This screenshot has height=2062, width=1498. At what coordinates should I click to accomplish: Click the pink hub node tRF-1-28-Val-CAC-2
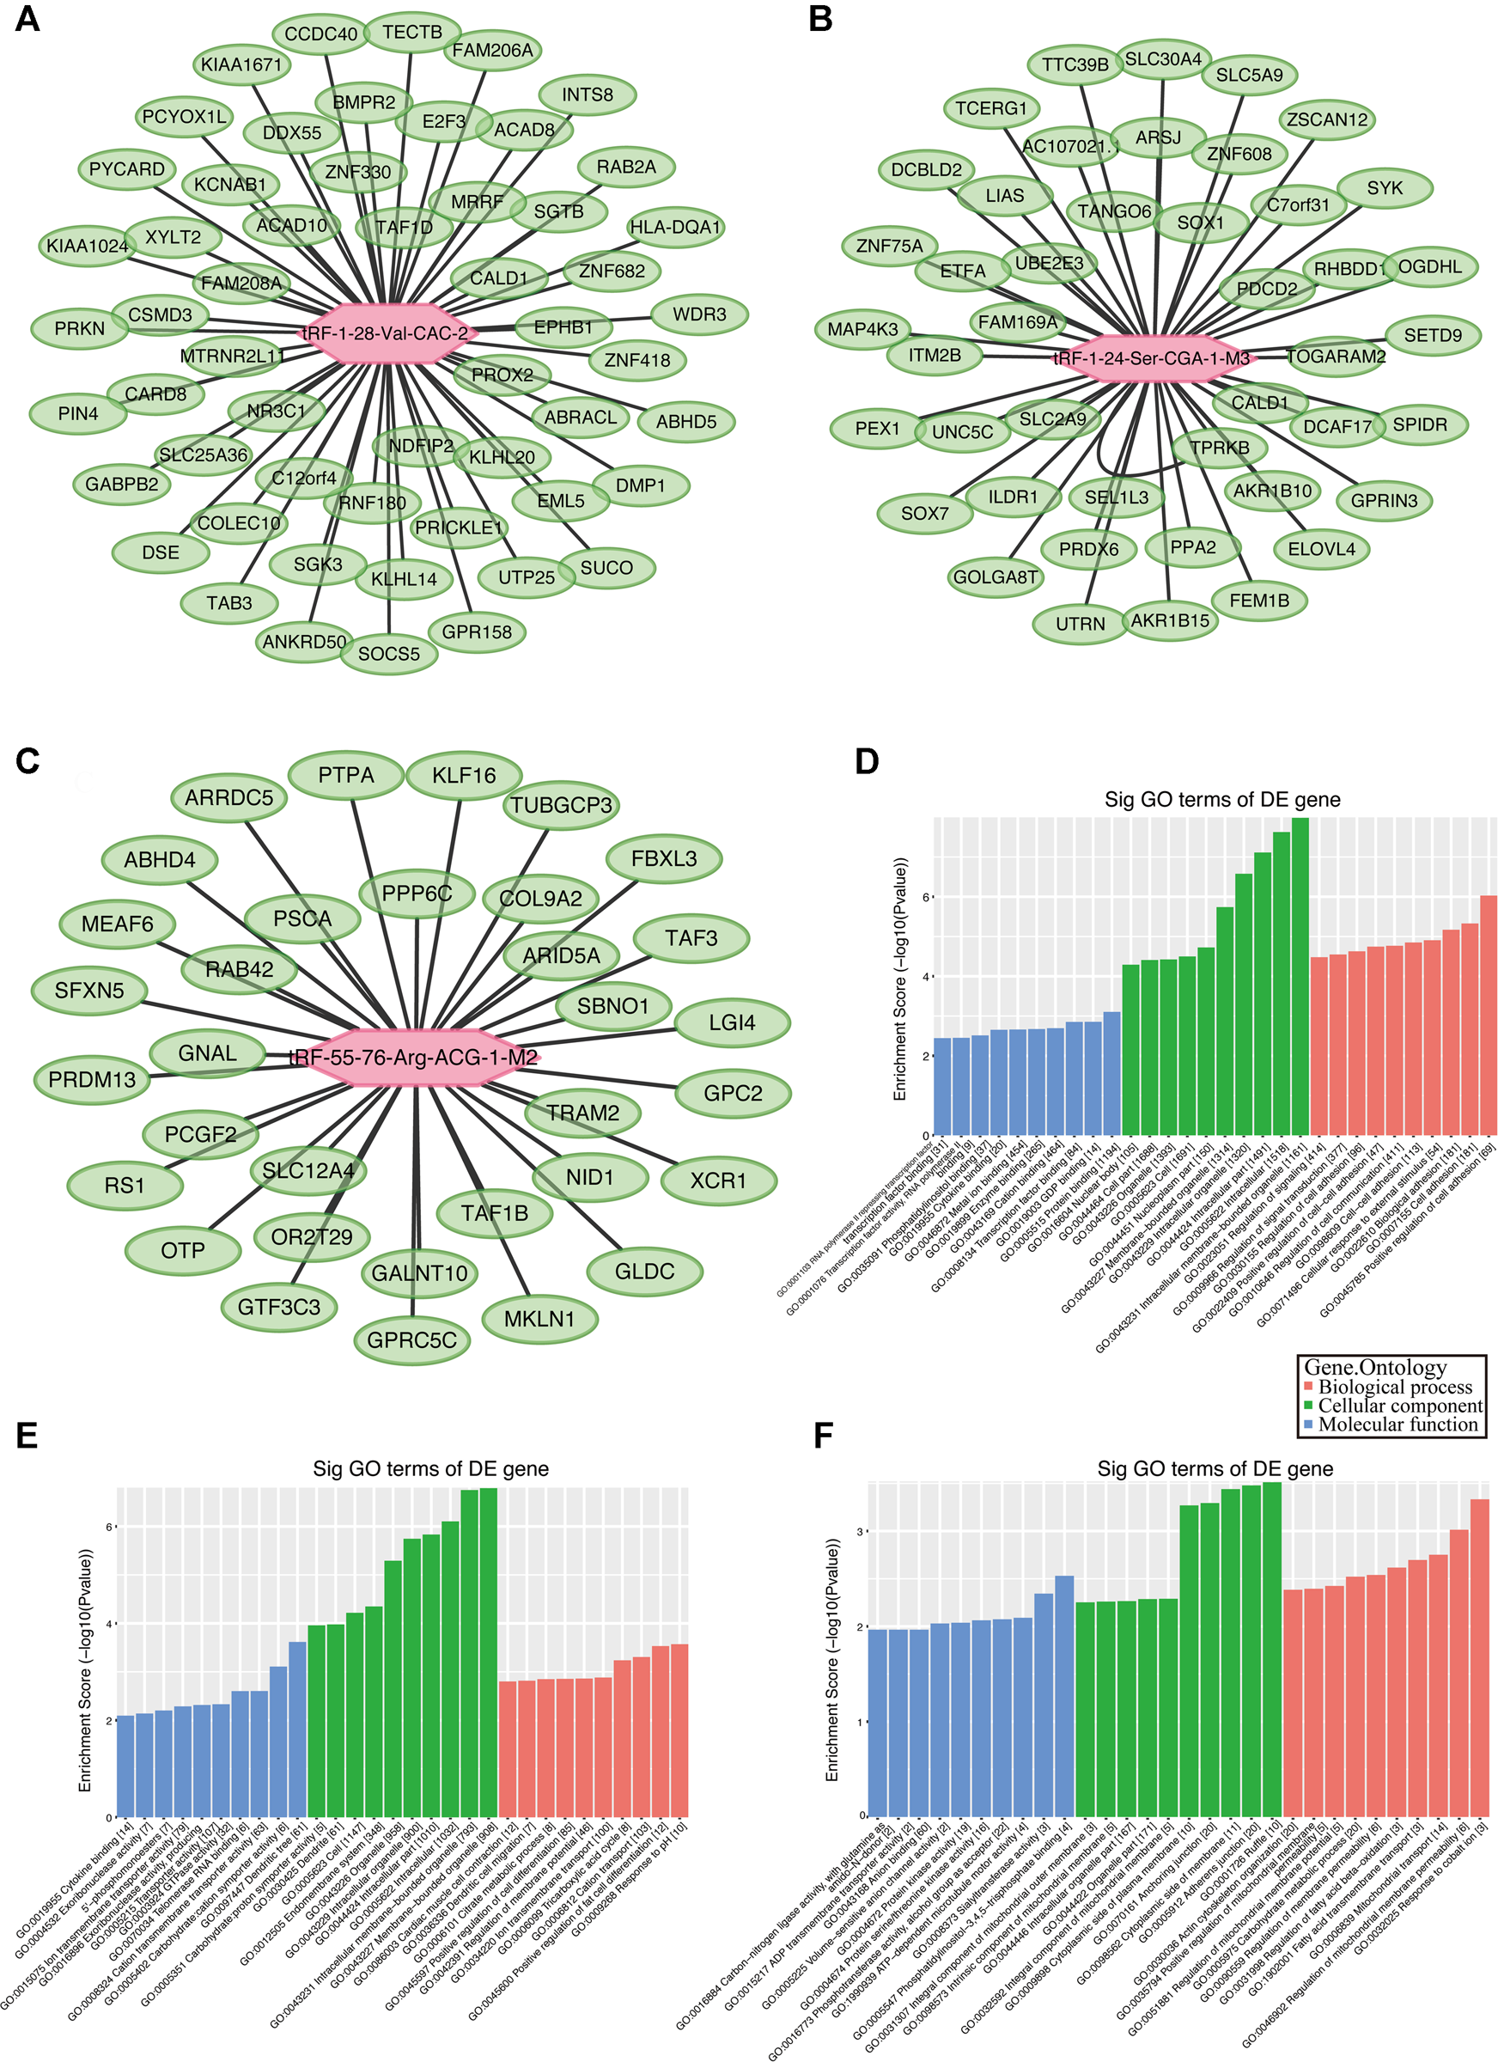387,333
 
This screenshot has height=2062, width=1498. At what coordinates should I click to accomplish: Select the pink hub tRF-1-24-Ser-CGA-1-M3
1153,358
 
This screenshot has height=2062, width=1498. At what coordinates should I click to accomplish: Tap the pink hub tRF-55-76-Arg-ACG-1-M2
415,1058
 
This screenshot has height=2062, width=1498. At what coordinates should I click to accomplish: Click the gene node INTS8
588,95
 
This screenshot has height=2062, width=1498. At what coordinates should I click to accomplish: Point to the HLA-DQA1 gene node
675,228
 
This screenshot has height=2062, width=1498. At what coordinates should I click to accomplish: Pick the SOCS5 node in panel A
389,654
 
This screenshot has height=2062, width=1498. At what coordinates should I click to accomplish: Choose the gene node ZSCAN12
1327,120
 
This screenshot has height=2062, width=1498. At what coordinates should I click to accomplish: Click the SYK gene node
1385,188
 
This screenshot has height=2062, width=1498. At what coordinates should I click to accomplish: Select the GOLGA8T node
996,577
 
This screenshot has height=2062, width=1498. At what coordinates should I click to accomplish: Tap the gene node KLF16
464,776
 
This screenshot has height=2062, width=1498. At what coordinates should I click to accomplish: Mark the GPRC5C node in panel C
411,1340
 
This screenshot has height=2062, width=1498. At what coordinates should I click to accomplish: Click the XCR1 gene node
718,1181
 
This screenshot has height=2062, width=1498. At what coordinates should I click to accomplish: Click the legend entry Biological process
1394,1388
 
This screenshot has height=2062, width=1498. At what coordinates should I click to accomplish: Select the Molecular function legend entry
1398,1424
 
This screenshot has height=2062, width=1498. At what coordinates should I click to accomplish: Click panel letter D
868,761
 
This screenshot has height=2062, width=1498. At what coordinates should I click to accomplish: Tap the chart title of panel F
1215,1468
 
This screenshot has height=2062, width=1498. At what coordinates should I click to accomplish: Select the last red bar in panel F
1479,1657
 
